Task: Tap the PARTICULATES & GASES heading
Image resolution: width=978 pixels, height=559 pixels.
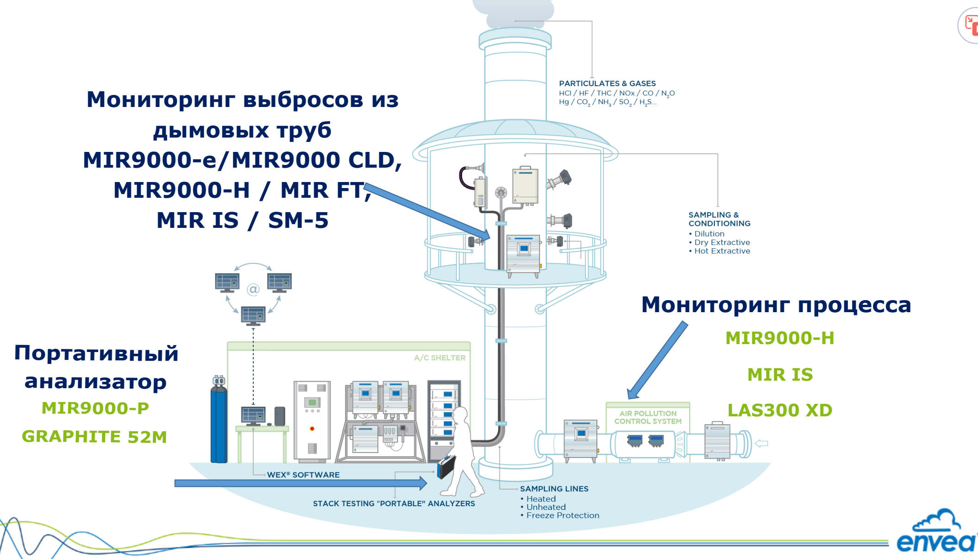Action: click(x=607, y=83)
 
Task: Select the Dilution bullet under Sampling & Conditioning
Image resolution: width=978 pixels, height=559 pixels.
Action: click(x=709, y=234)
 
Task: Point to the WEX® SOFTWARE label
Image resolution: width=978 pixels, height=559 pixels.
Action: click(x=303, y=475)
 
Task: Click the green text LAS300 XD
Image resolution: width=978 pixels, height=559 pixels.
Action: click(x=780, y=410)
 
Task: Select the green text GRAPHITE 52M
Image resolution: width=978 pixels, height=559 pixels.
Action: click(x=94, y=436)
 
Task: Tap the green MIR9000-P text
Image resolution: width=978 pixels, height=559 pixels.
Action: click(x=95, y=408)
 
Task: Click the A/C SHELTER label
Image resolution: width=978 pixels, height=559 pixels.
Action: click(x=439, y=358)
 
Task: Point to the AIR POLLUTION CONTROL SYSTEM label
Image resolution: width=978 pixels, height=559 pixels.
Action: click(x=648, y=417)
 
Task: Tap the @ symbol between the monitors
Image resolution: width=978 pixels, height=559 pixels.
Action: click(x=253, y=290)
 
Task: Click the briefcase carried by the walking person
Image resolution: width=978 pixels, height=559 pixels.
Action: click(x=446, y=467)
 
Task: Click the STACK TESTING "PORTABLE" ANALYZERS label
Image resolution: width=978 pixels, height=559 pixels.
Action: click(x=394, y=503)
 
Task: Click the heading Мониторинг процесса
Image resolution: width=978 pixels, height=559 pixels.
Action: click(x=776, y=305)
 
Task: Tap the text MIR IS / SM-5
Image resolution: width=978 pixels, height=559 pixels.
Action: click(x=243, y=220)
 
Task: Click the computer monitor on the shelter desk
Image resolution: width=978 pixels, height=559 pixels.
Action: click(x=253, y=415)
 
